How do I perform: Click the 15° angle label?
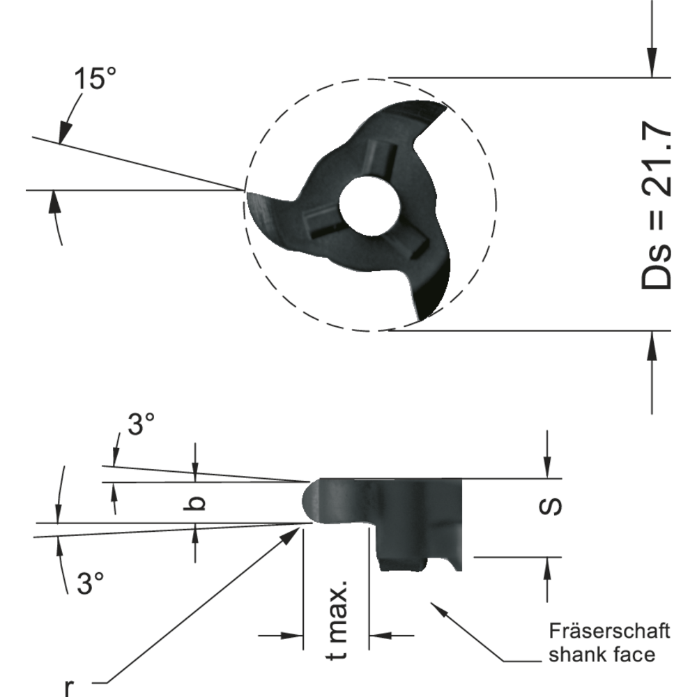[96, 79]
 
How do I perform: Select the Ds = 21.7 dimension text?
[656, 207]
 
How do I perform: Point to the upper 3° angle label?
[141, 424]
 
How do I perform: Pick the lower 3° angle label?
[90, 583]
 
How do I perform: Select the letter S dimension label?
[551, 507]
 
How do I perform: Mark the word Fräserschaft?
[609, 631]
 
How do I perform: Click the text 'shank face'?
[602, 654]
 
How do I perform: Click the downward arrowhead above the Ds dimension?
[652, 67]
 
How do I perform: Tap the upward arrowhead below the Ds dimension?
[652, 341]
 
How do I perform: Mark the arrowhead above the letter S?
[548, 469]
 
